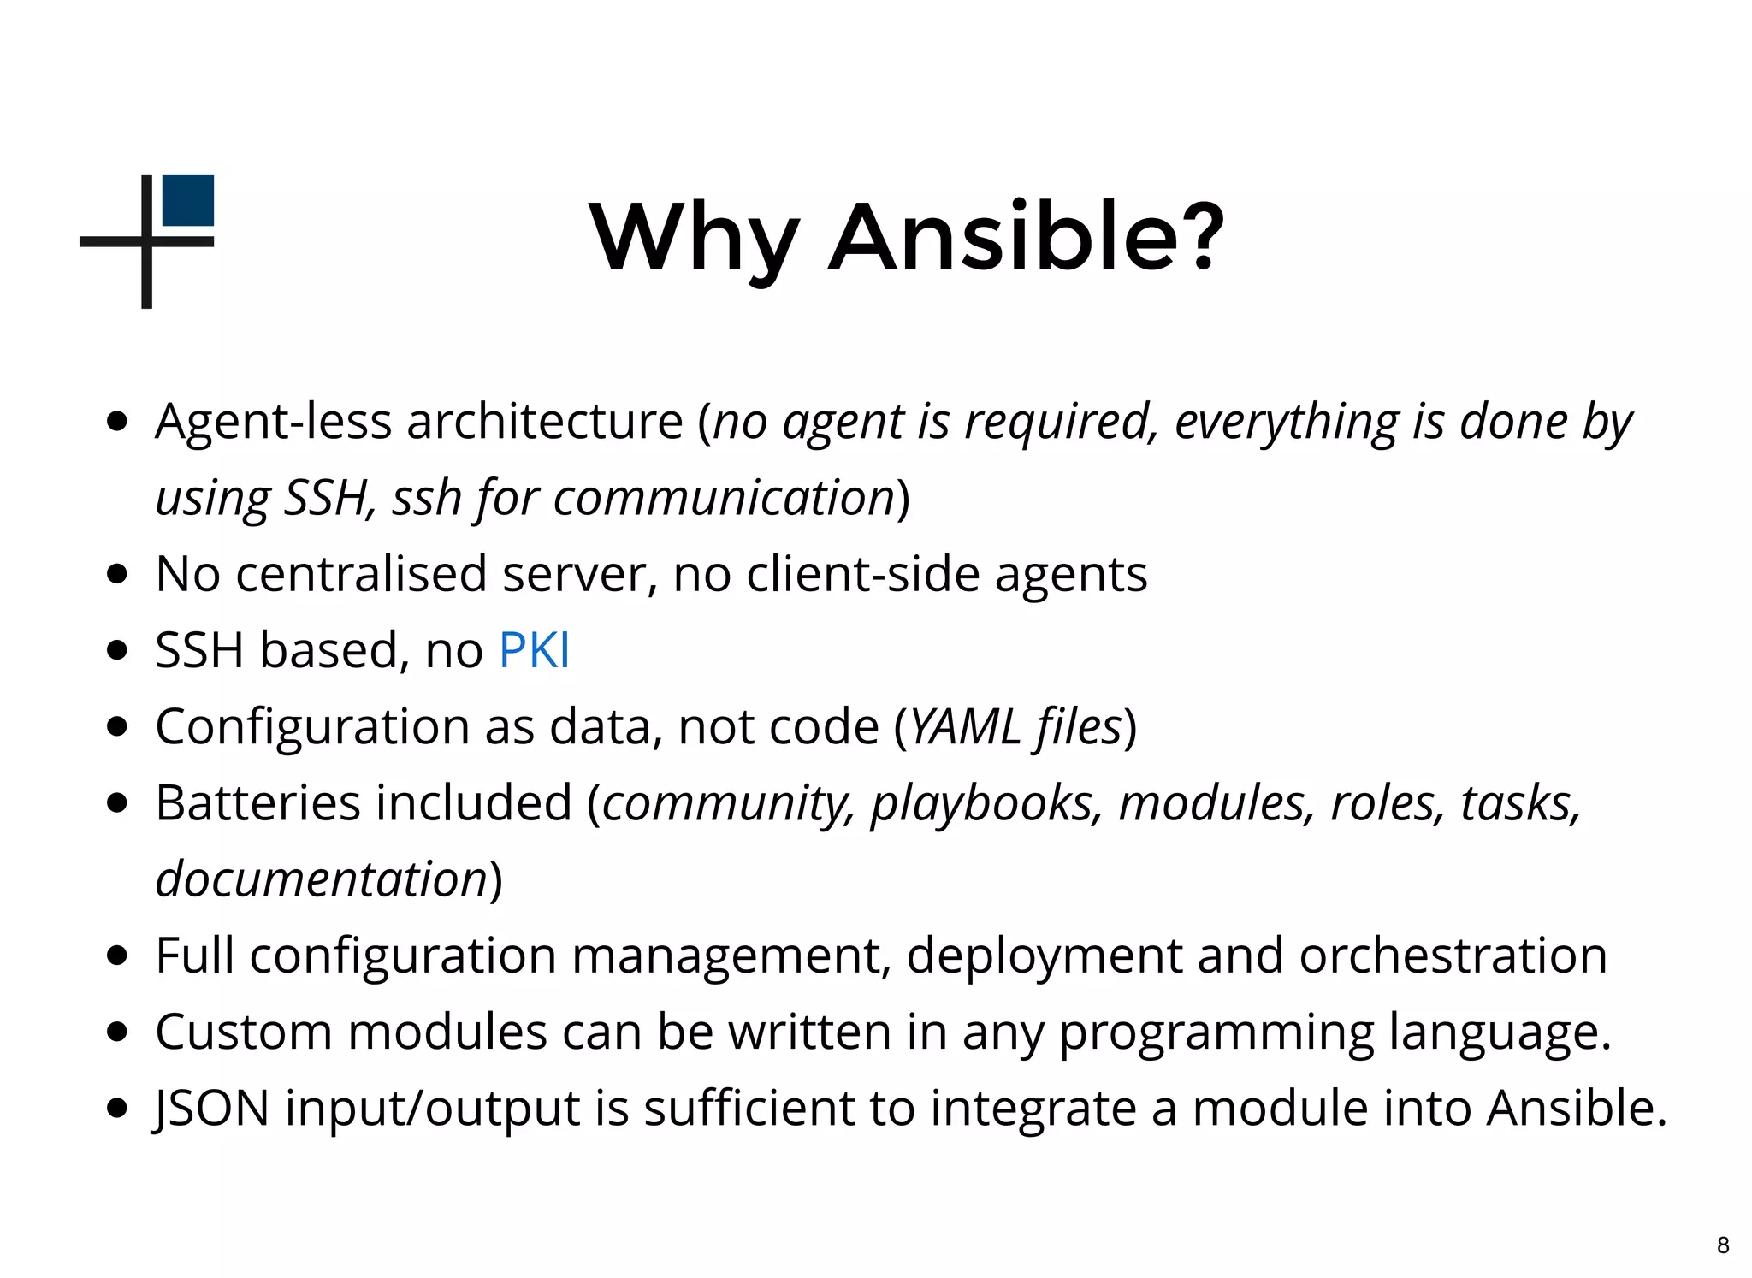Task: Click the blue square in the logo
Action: point(187,200)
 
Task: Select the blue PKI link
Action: point(534,650)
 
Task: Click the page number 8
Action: point(1723,1245)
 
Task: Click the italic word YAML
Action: point(964,727)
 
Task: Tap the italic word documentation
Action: point(321,879)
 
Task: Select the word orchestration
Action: point(1453,956)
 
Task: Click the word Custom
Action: point(243,1032)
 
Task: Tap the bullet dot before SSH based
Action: point(118,650)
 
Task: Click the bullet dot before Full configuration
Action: point(118,956)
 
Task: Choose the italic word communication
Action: point(724,498)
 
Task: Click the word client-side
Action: point(862,574)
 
